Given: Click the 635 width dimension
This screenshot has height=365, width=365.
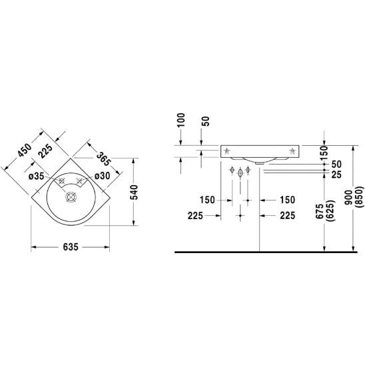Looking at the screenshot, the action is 71,247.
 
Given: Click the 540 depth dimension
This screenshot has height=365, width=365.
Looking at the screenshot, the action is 134,192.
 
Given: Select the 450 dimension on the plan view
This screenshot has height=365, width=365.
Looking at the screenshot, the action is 25,150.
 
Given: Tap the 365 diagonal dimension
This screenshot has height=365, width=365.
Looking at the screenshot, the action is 103,159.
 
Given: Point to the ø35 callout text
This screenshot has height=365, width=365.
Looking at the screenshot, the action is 36,177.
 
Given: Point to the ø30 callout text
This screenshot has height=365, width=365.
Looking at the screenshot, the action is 102,176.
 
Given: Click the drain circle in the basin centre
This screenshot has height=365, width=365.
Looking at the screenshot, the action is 71,197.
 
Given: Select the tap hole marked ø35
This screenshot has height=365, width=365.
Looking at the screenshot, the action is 62,181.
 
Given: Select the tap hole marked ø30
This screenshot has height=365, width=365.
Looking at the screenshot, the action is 80,181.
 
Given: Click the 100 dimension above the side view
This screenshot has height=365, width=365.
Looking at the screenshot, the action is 181,120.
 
